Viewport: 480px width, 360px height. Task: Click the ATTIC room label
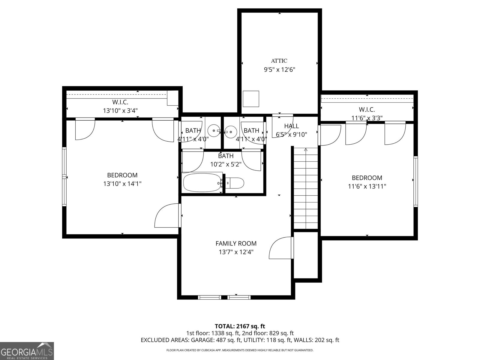pos(279,61)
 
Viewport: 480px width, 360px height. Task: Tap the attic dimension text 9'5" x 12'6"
pos(280,70)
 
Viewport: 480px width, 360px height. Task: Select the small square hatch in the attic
pos(251,99)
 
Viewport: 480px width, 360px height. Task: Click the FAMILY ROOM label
pos(236,244)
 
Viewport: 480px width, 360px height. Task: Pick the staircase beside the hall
pos(305,189)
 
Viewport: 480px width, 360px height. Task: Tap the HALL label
pos(291,126)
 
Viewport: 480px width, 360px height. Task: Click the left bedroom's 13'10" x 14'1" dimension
pos(122,184)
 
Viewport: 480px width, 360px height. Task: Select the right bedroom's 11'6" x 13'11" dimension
pos(367,186)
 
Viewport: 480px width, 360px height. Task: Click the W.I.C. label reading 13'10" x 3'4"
pos(120,110)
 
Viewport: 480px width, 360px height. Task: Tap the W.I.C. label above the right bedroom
pos(367,110)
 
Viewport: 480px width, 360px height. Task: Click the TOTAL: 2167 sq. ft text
pos(240,326)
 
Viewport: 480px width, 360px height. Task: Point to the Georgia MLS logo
pos(27,351)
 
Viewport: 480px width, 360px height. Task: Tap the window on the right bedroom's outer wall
pos(415,181)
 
